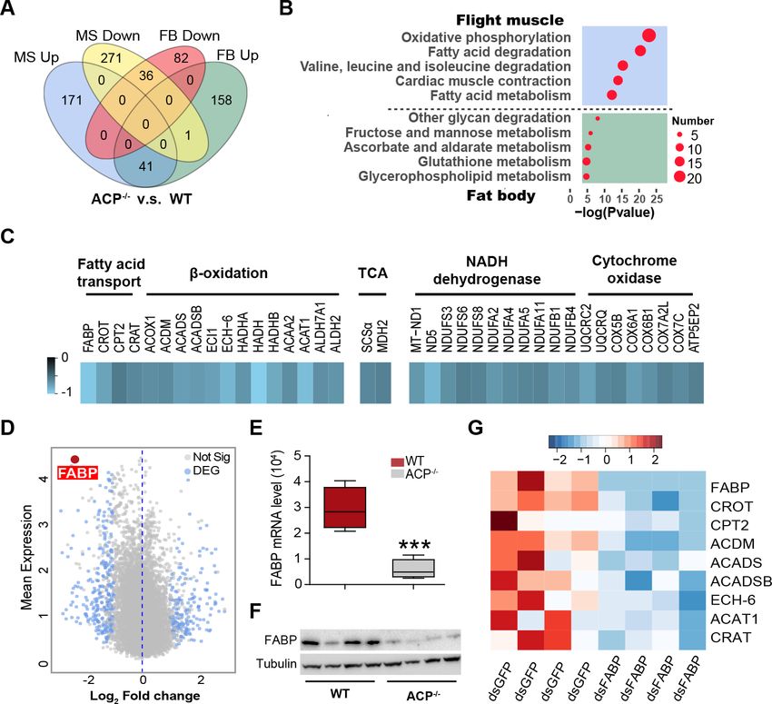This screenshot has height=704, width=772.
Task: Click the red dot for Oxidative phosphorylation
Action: pyautogui.click(x=648, y=35)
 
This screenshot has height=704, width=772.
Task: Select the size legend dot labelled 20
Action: pyautogui.click(x=678, y=177)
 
